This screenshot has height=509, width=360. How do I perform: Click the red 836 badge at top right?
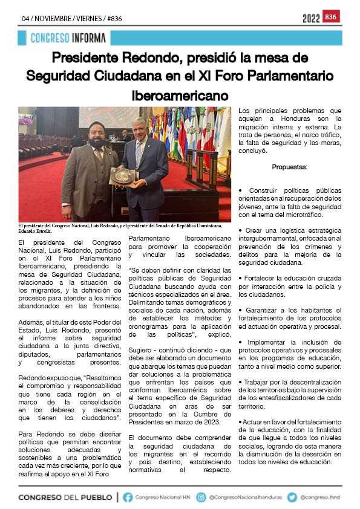click(x=331, y=16)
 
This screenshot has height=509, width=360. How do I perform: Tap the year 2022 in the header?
click(x=311, y=18)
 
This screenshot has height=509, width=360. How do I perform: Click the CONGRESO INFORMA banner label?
click(x=68, y=38)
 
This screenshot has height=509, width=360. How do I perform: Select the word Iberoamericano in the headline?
click(x=180, y=96)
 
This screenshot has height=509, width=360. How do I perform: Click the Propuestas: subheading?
click(x=290, y=166)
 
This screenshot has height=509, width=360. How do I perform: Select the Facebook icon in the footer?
click(x=128, y=497)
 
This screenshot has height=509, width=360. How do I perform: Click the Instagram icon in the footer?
click(x=201, y=497)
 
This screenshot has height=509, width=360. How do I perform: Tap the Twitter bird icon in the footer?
click(x=292, y=497)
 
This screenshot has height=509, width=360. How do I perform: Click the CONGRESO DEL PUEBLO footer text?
click(x=65, y=497)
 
